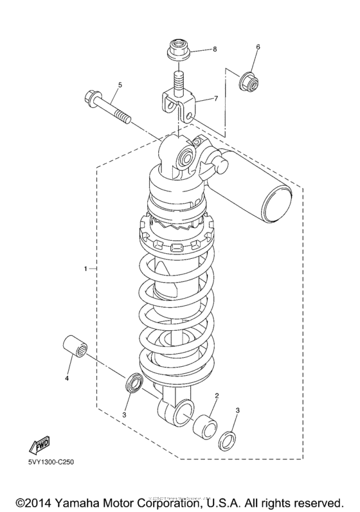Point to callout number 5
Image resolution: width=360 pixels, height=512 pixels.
click(119, 85)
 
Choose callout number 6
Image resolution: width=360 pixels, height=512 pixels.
click(258, 47)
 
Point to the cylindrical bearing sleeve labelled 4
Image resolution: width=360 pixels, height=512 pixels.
click(75, 348)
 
